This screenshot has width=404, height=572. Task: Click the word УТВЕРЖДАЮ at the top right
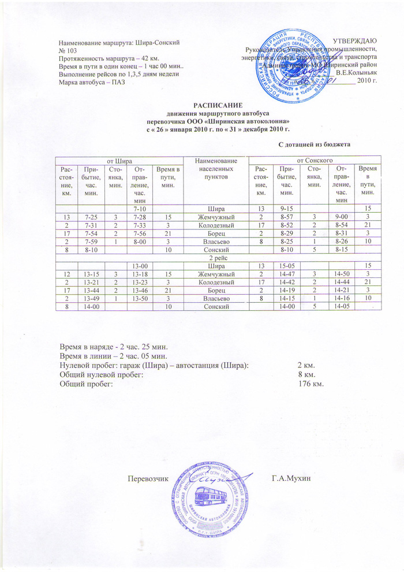(x=355, y=40)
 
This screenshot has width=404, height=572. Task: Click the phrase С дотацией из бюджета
(x=315, y=143)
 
